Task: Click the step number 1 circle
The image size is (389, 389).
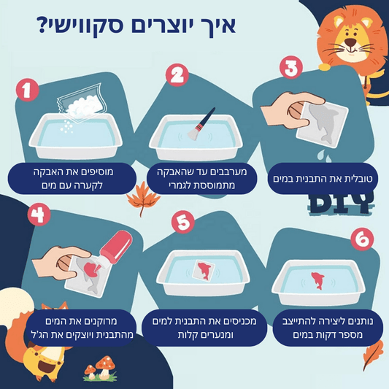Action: pyautogui.click(x=27, y=90)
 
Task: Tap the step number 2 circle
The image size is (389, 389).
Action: pyautogui.click(x=177, y=75)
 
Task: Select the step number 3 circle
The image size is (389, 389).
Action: pyautogui.click(x=291, y=67)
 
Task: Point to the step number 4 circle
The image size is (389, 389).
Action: pyautogui.click(x=39, y=215)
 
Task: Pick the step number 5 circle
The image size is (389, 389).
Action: pyautogui.click(x=182, y=222)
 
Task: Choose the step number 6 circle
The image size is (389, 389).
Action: pyautogui.click(x=363, y=239)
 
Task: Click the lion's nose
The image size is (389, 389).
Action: pyautogui.click(x=350, y=42)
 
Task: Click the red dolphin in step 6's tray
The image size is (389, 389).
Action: pyautogui.click(x=317, y=280)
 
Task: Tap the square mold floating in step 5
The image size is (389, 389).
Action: pyautogui.click(x=204, y=271)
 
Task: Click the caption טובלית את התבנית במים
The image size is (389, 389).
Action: pyautogui.click(x=323, y=179)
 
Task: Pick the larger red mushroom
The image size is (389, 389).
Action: pyautogui.click(x=105, y=366)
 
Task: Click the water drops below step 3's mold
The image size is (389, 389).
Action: pyautogui.click(x=323, y=155)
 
